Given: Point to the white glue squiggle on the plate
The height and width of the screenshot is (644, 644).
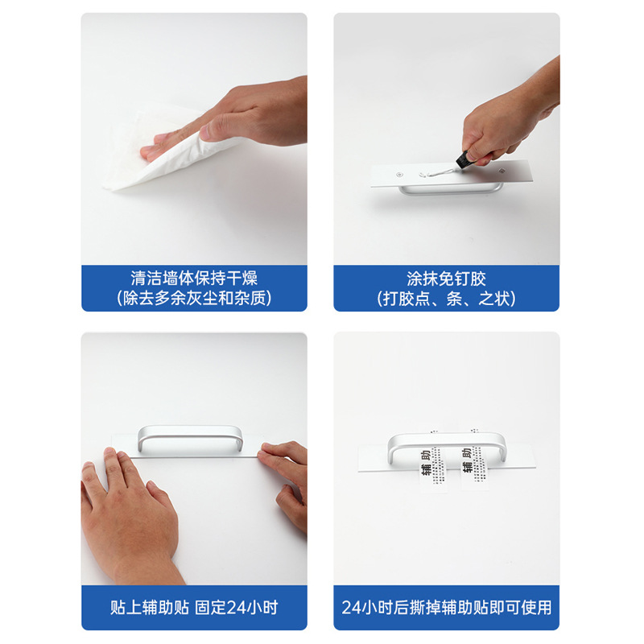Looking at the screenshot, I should (x=440, y=172).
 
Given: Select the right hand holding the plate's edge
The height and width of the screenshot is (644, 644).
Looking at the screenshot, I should (x=286, y=483).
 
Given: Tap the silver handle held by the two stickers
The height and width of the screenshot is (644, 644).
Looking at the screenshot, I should (x=447, y=440).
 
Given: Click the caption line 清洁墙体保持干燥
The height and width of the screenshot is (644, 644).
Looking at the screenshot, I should (x=194, y=279).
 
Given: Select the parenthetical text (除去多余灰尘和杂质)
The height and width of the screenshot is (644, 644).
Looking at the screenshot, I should (x=194, y=299).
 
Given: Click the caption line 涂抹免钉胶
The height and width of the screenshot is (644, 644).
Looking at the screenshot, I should (x=447, y=279).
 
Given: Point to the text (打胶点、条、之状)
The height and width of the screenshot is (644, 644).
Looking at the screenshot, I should (x=447, y=299).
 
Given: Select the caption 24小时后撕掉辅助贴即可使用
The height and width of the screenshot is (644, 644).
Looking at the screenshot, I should (x=447, y=608).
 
